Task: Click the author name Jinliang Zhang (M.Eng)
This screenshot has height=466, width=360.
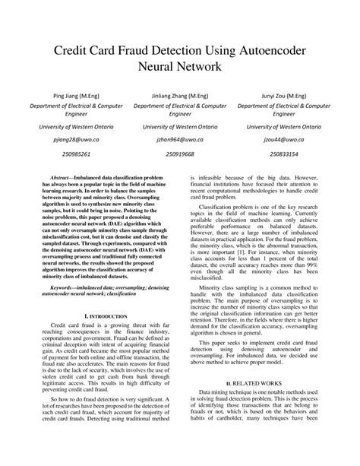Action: point(180,97)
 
